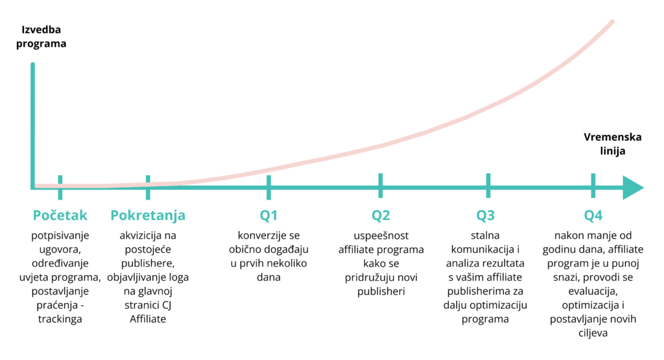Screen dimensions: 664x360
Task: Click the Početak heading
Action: click(60, 215)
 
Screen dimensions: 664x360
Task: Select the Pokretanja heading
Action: click(148, 215)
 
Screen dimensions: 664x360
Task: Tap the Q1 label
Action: click(268, 215)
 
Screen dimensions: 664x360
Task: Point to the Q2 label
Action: click(381, 215)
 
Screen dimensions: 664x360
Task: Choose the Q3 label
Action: click(485, 215)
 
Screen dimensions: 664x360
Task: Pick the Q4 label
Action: click(593, 215)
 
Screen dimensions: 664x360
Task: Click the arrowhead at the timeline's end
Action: click(634, 187)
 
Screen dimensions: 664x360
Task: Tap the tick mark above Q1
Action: click(268, 187)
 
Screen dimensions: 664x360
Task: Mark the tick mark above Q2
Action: click(380, 186)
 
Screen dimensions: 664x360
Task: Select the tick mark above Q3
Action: click(488, 186)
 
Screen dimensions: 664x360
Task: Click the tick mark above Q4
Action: click(593, 186)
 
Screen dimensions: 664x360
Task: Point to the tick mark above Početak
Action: click(60, 187)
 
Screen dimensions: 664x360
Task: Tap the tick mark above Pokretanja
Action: click(148, 187)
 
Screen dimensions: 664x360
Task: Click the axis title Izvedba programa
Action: click(41, 37)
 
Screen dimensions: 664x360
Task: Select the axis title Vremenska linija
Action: click(612, 144)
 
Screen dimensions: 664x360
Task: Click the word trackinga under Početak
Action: click(60, 319)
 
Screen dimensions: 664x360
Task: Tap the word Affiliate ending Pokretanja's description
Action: click(148, 319)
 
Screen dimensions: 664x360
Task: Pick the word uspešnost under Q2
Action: click(381, 235)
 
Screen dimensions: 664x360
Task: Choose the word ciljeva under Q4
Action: click(593, 333)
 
